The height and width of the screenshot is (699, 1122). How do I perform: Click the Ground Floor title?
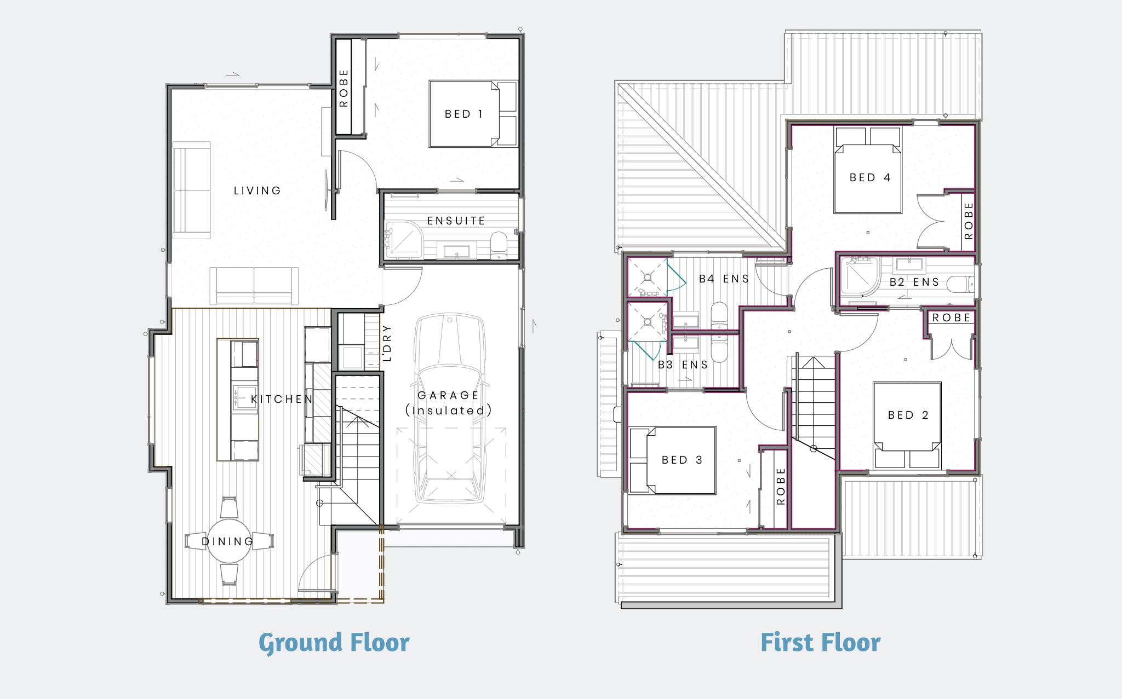334,643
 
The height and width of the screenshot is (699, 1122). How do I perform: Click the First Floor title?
820,643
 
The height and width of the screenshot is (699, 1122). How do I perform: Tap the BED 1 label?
463,114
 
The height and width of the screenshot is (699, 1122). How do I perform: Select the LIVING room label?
257,190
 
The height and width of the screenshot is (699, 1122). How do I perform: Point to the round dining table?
229,541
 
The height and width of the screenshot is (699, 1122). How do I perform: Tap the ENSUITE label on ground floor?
456,221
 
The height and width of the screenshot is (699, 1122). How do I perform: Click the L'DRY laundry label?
387,343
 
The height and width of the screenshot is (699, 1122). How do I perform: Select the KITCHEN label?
282,399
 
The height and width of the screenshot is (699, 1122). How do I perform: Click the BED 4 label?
870,177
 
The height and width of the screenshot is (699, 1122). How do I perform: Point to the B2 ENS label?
914,282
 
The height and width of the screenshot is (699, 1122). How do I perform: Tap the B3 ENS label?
683,365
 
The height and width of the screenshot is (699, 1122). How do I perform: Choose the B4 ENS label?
723,279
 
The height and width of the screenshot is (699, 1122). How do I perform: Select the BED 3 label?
682,460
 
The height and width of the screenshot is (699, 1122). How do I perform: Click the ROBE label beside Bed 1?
344,88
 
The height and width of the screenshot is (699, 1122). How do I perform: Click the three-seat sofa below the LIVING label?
254,286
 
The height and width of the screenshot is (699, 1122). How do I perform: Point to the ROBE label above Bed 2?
951,317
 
